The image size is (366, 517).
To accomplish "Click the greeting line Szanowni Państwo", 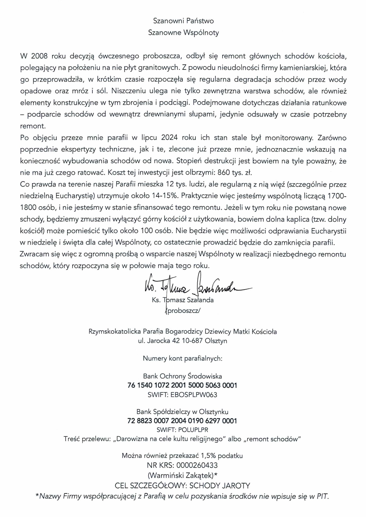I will pyautogui.click(x=183, y=21).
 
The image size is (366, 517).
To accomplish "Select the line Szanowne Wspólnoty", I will pyautogui.click(x=183, y=33).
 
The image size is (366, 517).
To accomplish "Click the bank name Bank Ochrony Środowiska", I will pyautogui.click(x=183, y=376).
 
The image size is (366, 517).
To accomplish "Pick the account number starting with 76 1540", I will pyautogui.click(x=183, y=385).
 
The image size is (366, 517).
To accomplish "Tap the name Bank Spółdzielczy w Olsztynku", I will pyautogui.click(x=183, y=412).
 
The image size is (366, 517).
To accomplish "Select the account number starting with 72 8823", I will pyautogui.click(x=183, y=421).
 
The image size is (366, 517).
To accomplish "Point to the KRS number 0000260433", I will pyautogui.click(x=197, y=465).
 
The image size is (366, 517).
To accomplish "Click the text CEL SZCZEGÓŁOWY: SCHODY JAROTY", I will pyautogui.click(x=183, y=485).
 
